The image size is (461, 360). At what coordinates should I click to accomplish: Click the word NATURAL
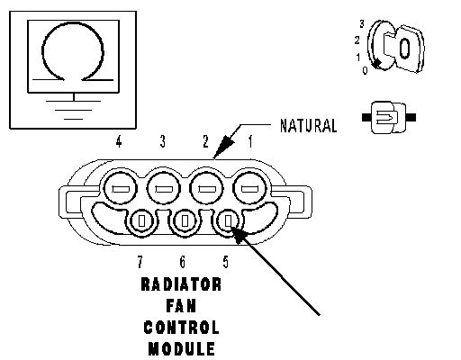308,126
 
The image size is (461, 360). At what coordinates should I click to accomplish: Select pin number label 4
119,141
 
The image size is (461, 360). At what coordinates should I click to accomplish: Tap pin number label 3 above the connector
163,141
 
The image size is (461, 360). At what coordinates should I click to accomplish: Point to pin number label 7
140,262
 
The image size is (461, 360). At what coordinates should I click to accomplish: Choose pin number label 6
183,262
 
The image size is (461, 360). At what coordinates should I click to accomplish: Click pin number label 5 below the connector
226,262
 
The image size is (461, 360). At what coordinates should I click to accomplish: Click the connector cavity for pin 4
120,189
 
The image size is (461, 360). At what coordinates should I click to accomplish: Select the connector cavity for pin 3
164,189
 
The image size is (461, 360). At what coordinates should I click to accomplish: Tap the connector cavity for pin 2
206,189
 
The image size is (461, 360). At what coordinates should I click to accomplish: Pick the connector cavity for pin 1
250,189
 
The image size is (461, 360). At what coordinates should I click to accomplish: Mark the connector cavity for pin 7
141,221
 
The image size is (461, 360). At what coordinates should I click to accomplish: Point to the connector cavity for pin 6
185,221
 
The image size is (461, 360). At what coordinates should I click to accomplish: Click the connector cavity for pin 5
228,221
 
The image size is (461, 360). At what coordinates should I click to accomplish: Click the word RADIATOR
181,284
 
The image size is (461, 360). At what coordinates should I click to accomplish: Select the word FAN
181,306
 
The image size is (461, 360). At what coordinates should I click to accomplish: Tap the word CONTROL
181,328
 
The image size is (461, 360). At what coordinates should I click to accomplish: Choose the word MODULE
182,349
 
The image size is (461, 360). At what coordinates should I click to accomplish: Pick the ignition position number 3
362,23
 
